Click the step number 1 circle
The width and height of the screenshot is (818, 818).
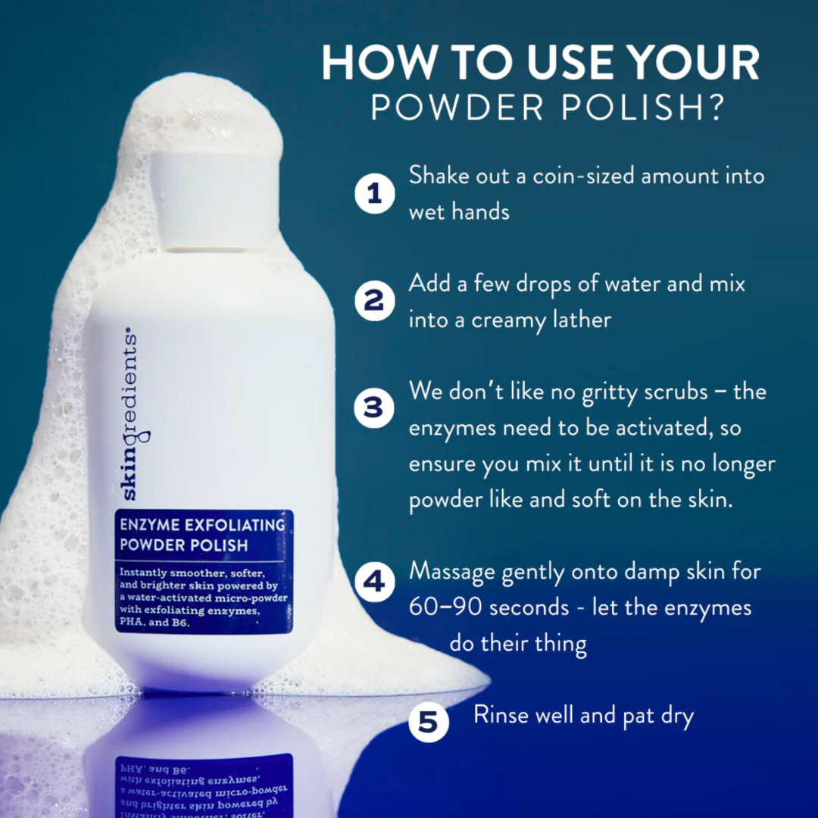point(374,194)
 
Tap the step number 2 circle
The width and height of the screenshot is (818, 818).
point(374,301)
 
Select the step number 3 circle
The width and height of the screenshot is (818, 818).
point(374,409)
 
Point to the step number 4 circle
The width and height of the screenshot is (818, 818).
point(374,582)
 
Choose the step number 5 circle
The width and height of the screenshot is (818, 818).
point(428,723)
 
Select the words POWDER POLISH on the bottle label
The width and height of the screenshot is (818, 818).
point(183,545)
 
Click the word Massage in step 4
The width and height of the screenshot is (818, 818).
point(452,573)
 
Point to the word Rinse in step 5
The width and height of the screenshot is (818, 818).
point(501,714)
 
